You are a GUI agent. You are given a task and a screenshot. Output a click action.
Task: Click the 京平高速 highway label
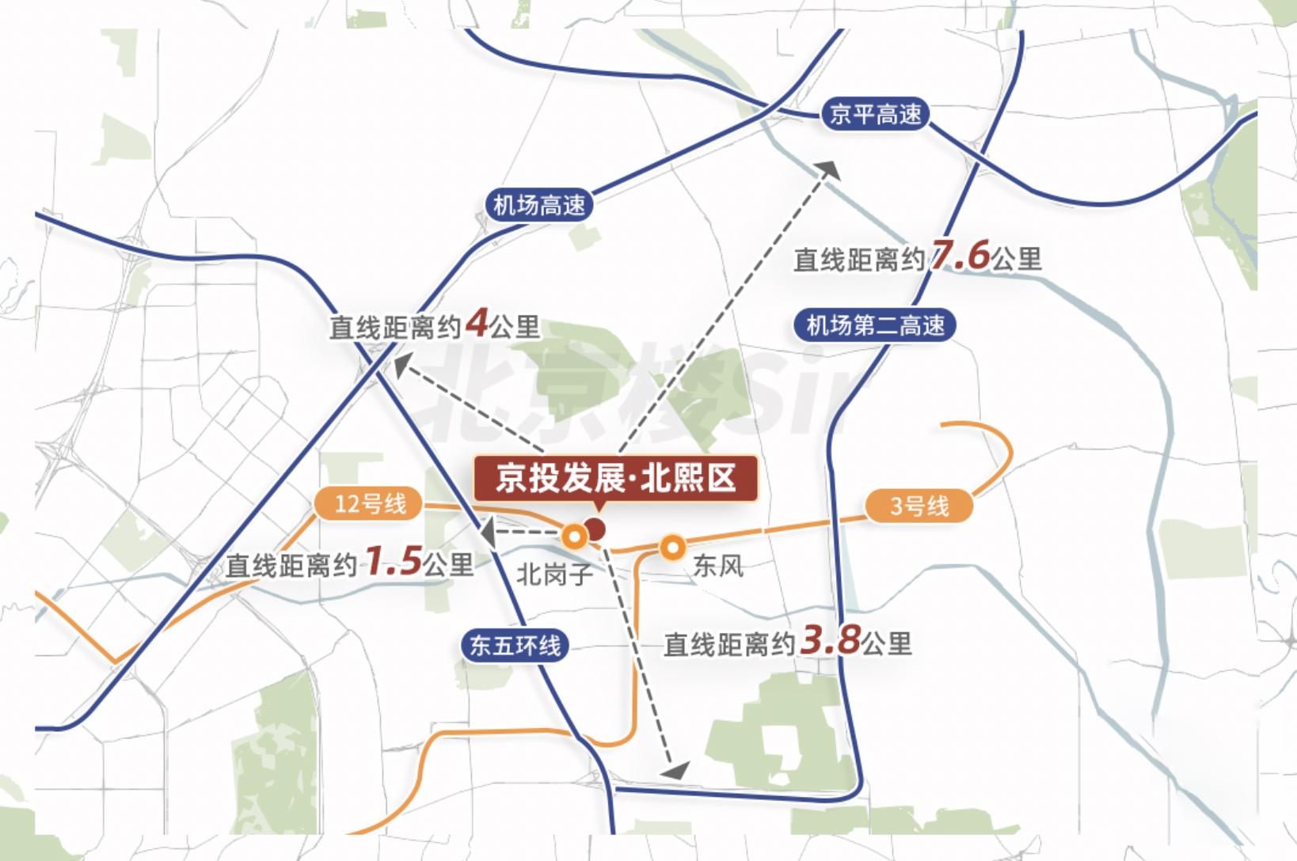click(874, 115)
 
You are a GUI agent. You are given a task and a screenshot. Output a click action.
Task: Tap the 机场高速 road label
click(538, 206)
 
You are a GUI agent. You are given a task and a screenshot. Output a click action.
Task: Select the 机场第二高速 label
click(875, 325)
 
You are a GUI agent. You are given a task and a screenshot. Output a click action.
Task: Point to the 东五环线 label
click(515, 645)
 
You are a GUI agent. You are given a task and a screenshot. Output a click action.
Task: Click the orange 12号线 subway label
click(369, 504)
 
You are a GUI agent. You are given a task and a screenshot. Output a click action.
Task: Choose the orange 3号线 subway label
click(919, 506)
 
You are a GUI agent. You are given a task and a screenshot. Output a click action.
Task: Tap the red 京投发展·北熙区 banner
click(615, 478)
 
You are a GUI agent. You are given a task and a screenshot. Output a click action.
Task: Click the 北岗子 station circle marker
click(575, 537)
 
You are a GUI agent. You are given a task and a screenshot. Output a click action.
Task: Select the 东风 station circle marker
click(672, 547)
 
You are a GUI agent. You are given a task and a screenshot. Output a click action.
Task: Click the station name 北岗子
click(554, 574)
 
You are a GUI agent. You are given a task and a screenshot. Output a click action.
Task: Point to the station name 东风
click(717, 566)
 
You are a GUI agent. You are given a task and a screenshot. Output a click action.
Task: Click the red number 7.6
click(960, 256)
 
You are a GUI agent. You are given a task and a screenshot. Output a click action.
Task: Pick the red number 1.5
click(393, 561)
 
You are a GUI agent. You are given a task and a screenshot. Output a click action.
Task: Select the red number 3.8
click(830, 640)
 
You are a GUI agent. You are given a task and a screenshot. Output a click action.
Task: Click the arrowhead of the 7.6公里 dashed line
click(829, 169)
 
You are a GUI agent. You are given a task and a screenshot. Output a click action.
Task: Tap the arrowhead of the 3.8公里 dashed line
click(675, 769)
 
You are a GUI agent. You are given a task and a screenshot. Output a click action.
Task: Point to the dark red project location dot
click(595, 529)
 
